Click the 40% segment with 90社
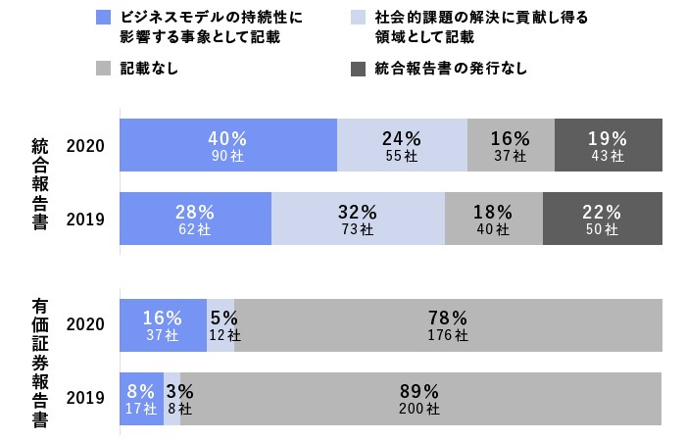[228, 145]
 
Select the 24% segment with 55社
[402, 145]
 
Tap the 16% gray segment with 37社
[511, 145]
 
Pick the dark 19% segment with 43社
[608, 145]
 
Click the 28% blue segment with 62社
[195, 219]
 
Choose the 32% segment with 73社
[358, 219]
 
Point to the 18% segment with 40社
[493, 219]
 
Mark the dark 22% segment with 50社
[602, 219]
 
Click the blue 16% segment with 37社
[163, 325]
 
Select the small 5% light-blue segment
[220, 325]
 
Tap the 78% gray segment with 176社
[448, 325]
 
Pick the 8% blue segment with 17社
[141, 398]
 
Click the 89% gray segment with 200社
[420, 398]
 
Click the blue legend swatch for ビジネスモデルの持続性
[104, 19]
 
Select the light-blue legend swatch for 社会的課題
[358, 19]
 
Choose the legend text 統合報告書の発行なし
[451, 70]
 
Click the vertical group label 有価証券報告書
[40, 362]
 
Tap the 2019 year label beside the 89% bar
[85, 398]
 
